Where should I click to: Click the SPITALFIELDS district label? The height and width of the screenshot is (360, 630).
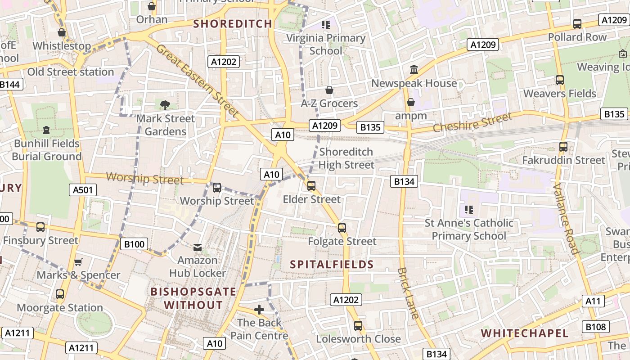[332, 264]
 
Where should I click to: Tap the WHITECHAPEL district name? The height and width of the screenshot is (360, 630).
[525, 333]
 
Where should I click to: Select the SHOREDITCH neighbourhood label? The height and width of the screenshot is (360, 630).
[233, 24]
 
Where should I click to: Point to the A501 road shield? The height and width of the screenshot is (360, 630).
[83, 190]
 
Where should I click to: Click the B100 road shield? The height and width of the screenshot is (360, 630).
[134, 244]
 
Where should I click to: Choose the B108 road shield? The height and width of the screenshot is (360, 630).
[595, 327]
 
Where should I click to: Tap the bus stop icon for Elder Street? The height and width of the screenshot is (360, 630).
[311, 186]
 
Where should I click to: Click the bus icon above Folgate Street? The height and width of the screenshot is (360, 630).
[342, 228]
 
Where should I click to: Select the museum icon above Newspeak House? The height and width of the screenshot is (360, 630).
[414, 70]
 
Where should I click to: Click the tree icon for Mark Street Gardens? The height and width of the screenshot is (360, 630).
[165, 105]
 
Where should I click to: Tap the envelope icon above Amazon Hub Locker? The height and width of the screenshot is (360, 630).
[198, 247]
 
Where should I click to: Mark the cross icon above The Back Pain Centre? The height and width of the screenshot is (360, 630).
[259, 310]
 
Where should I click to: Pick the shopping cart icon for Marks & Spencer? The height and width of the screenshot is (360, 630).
[78, 262]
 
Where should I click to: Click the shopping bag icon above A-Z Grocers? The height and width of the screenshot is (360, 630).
[329, 90]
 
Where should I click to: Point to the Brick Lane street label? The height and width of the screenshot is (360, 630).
[409, 293]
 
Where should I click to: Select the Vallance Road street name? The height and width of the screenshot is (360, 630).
[566, 219]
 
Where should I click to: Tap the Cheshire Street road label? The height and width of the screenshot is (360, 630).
[472, 122]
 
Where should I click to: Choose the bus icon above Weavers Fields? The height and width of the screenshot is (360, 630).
[559, 80]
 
